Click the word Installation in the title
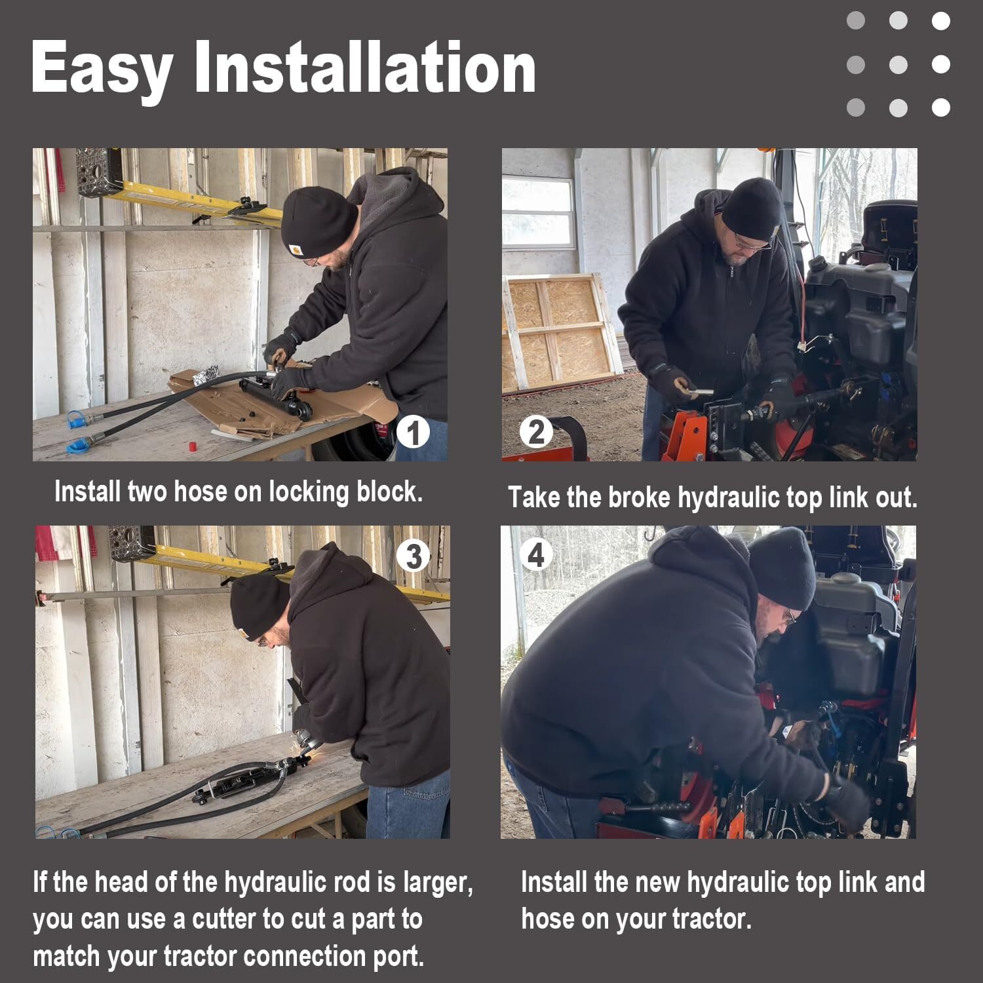pyautogui.click(x=364, y=67)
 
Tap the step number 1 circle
pyautogui.click(x=413, y=433)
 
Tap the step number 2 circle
pyautogui.click(x=536, y=433)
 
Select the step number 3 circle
pyautogui.click(x=413, y=557)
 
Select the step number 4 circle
pyautogui.click(x=536, y=556)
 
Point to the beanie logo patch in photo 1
pyautogui.click(x=294, y=249)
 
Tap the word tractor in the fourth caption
pyautogui.click(x=718, y=919)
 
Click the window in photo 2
pyautogui.click(x=537, y=203)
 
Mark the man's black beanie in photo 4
pyautogui.click(x=783, y=567)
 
